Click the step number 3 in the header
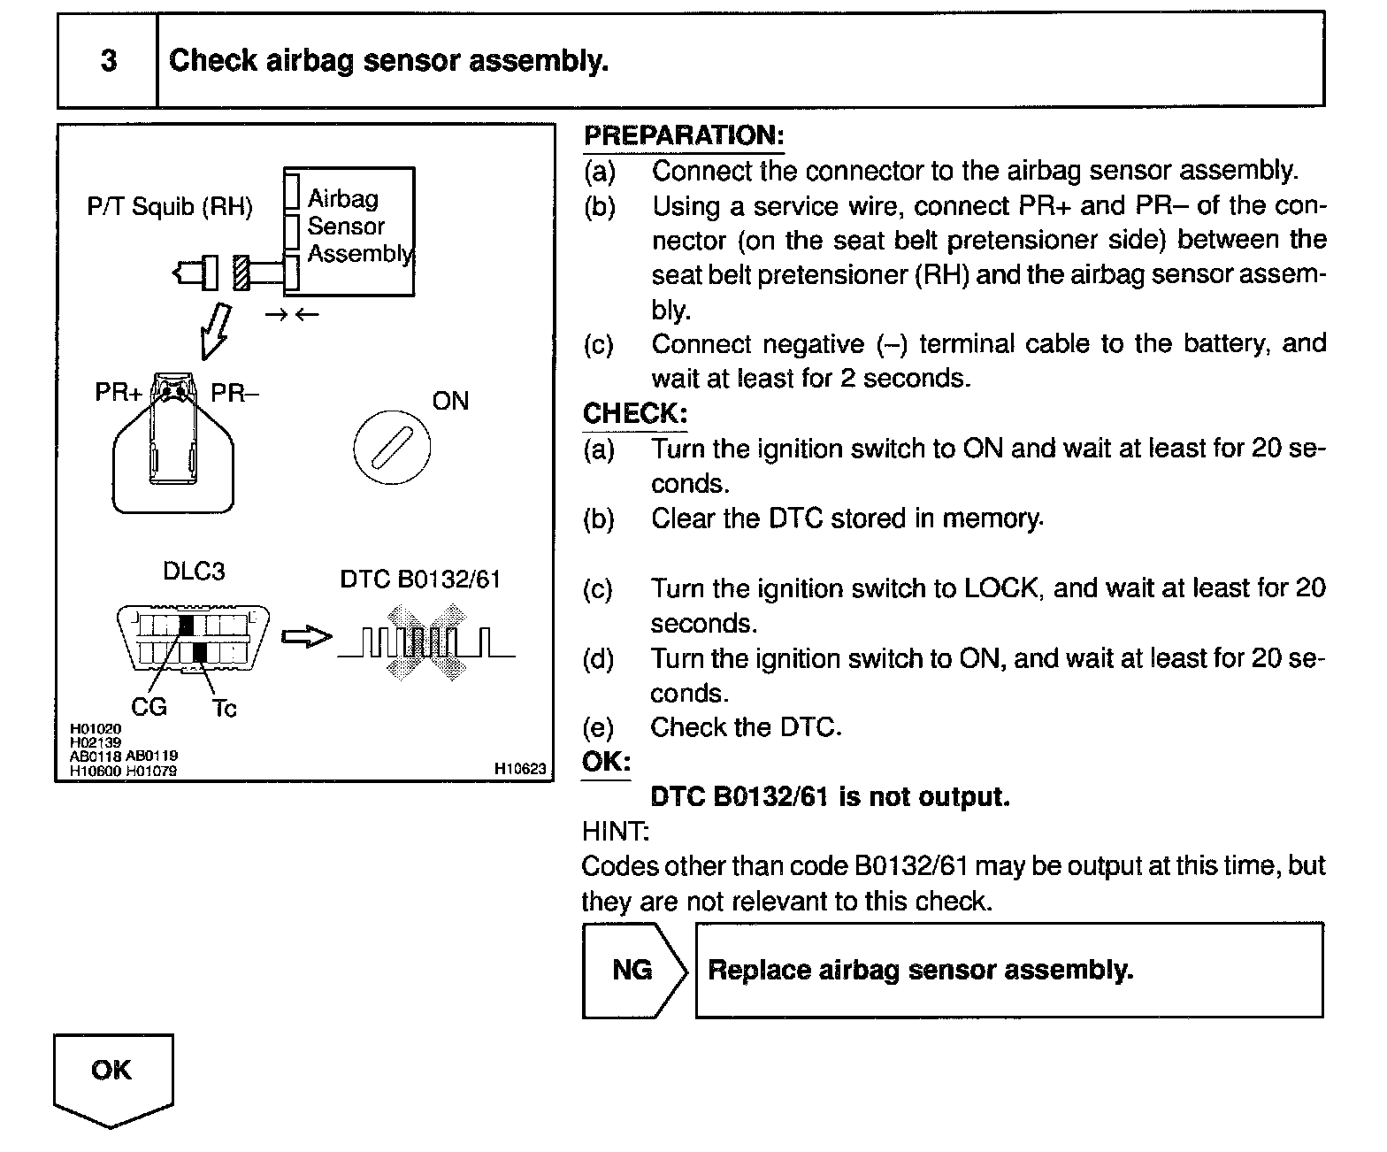click(108, 61)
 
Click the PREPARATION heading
click(683, 135)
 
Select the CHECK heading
click(634, 413)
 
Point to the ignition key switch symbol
click(392, 447)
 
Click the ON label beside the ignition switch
click(450, 401)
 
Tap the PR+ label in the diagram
click(118, 392)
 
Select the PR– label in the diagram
click(235, 392)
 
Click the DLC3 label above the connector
click(194, 571)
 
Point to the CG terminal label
click(149, 707)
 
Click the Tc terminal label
click(225, 708)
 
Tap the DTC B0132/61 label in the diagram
click(420, 579)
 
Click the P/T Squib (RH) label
click(170, 207)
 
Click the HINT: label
click(615, 831)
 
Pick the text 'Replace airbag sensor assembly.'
click(920, 970)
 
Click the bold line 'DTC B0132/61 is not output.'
click(830, 796)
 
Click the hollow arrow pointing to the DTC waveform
click(306, 636)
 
